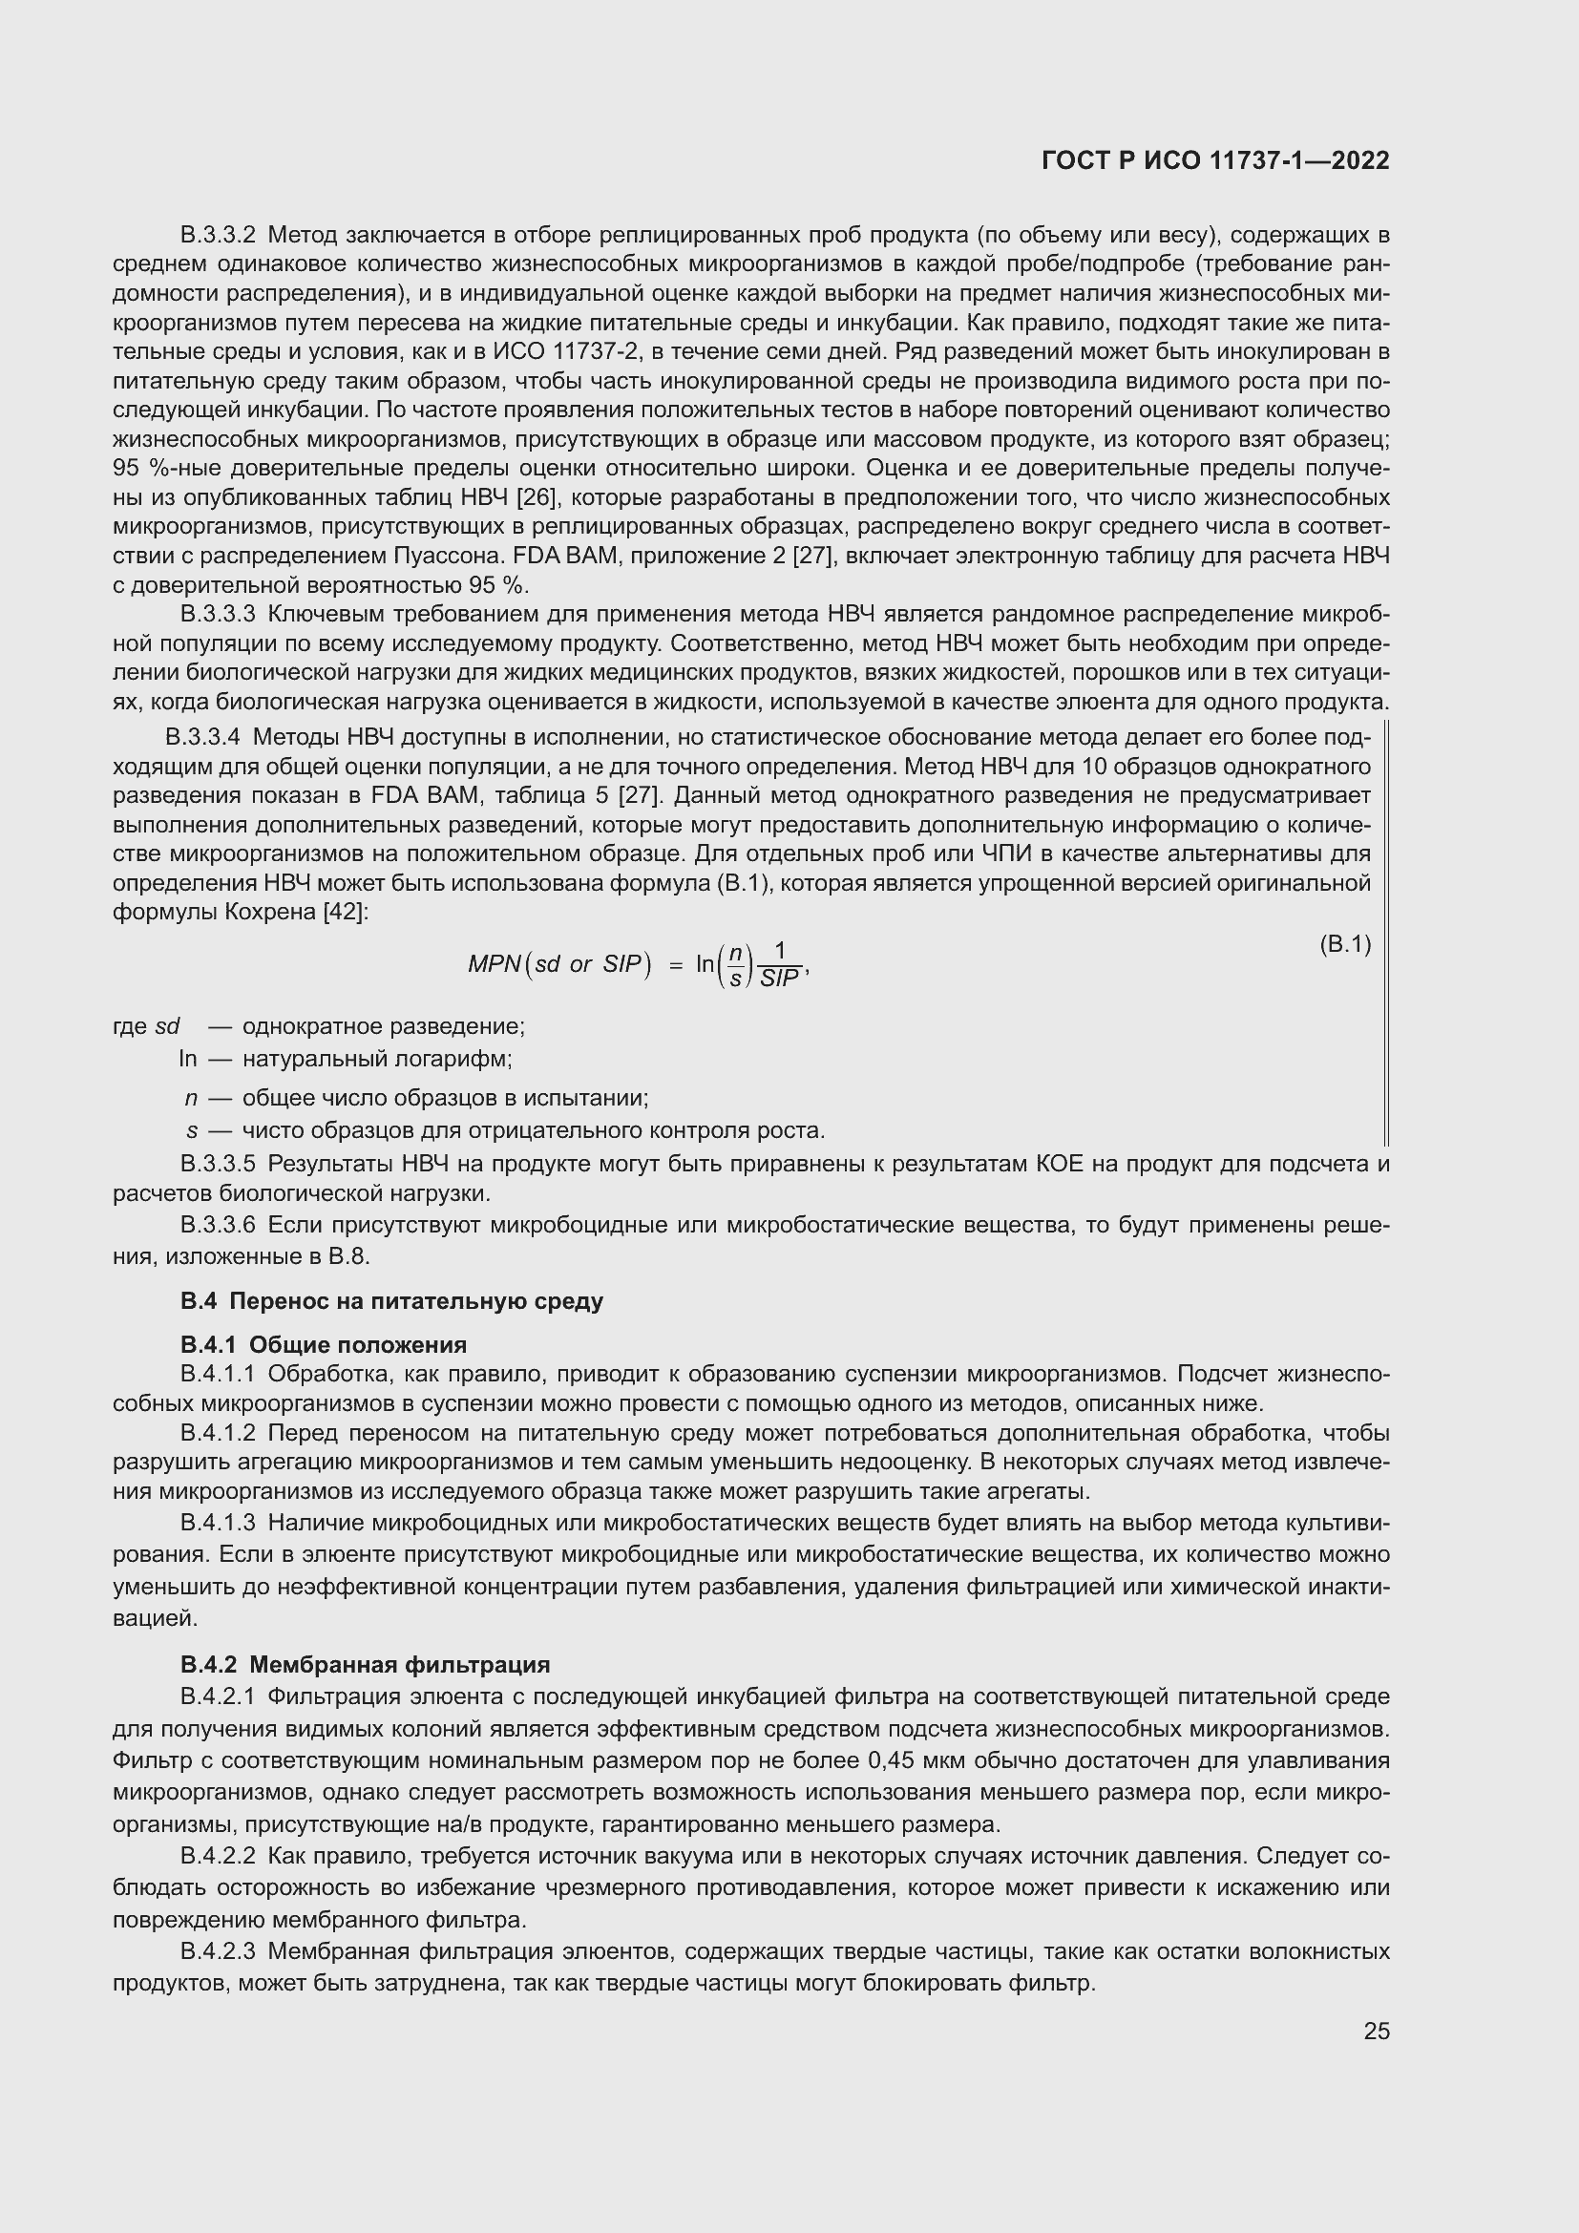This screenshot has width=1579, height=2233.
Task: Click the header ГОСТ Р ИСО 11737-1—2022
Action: pos(1214,160)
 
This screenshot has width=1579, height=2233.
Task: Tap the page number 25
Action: pos(1376,2031)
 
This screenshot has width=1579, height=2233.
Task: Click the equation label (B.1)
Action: pos(1345,944)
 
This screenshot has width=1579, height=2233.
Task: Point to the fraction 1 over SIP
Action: pos(780,965)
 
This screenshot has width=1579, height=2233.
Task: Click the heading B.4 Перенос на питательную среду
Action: pos(390,1301)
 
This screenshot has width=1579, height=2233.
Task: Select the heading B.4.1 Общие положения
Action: pos(323,1345)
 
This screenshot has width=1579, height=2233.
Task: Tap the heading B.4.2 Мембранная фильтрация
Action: pos(365,1665)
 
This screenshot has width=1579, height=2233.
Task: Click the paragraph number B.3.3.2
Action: pos(218,235)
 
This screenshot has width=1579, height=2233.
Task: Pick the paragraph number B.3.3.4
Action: pos(202,737)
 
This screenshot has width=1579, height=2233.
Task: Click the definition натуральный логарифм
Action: pos(377,1058)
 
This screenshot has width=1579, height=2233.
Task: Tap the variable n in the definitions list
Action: pos(191,1098)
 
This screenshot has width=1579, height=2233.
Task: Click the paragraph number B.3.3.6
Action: pos(218,1225)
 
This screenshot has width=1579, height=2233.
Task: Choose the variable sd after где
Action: pos(167,1026)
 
